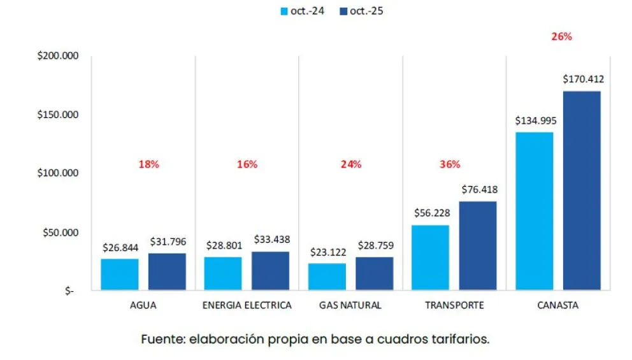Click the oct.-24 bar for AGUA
(119, 275)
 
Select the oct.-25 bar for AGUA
(167, 272)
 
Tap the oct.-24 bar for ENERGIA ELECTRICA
(223, 274)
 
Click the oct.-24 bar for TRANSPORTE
(430, 258)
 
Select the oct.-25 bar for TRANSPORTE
(477, 246)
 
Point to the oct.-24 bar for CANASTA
(534, 211)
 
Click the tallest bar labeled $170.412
(582, 191)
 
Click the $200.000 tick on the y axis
(58, 56)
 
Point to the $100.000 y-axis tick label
(58, 173)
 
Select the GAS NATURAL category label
(350, 305)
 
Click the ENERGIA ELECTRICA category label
(247, 305)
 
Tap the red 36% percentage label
(449, 164)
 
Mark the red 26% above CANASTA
(561, 36)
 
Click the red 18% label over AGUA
(148, 164)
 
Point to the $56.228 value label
(431, 214)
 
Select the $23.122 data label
(327, 252)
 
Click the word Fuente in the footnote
(162, 339)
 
